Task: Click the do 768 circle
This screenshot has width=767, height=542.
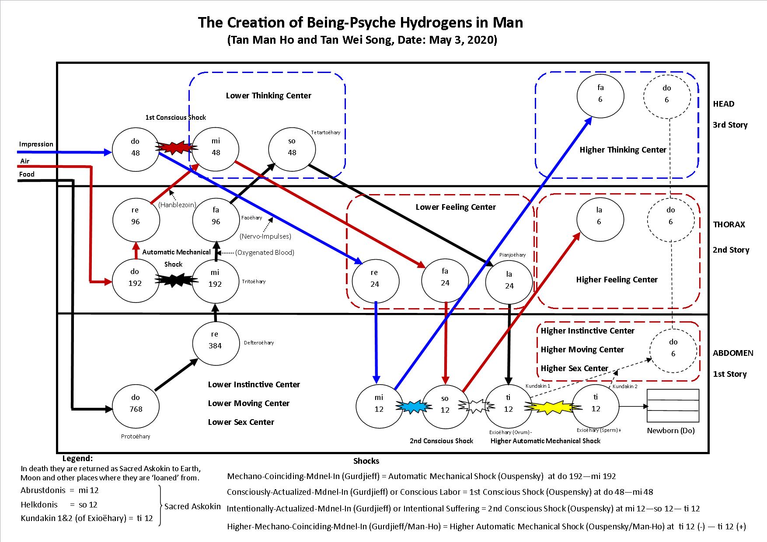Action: tap(136, 403)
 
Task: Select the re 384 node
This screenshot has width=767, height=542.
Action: tap(215, 340)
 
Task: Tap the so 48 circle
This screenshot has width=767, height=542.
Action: tap(292, 147)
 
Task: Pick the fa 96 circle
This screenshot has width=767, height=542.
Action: tap(216, 216)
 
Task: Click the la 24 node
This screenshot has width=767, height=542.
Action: tap(509, 280)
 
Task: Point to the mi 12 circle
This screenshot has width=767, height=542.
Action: tap(379, 403)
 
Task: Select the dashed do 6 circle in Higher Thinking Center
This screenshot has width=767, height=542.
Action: tap(666, 94)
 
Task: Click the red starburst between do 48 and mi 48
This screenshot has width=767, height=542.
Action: tap(175, 147)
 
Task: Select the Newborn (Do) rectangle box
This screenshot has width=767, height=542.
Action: tap(673, 406)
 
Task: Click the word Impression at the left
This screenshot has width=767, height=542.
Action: tap(36, 144)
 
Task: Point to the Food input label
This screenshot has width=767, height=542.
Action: tap(27, 174)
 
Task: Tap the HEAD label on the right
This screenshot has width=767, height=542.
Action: tap(724, 104)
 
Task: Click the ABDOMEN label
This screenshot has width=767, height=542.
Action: tap(733, 353)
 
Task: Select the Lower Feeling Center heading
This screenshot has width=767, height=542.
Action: tap(456, 207)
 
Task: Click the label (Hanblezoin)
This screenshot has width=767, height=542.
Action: tap(177, 205)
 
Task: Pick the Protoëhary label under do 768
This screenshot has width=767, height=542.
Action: tap(136, 436)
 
